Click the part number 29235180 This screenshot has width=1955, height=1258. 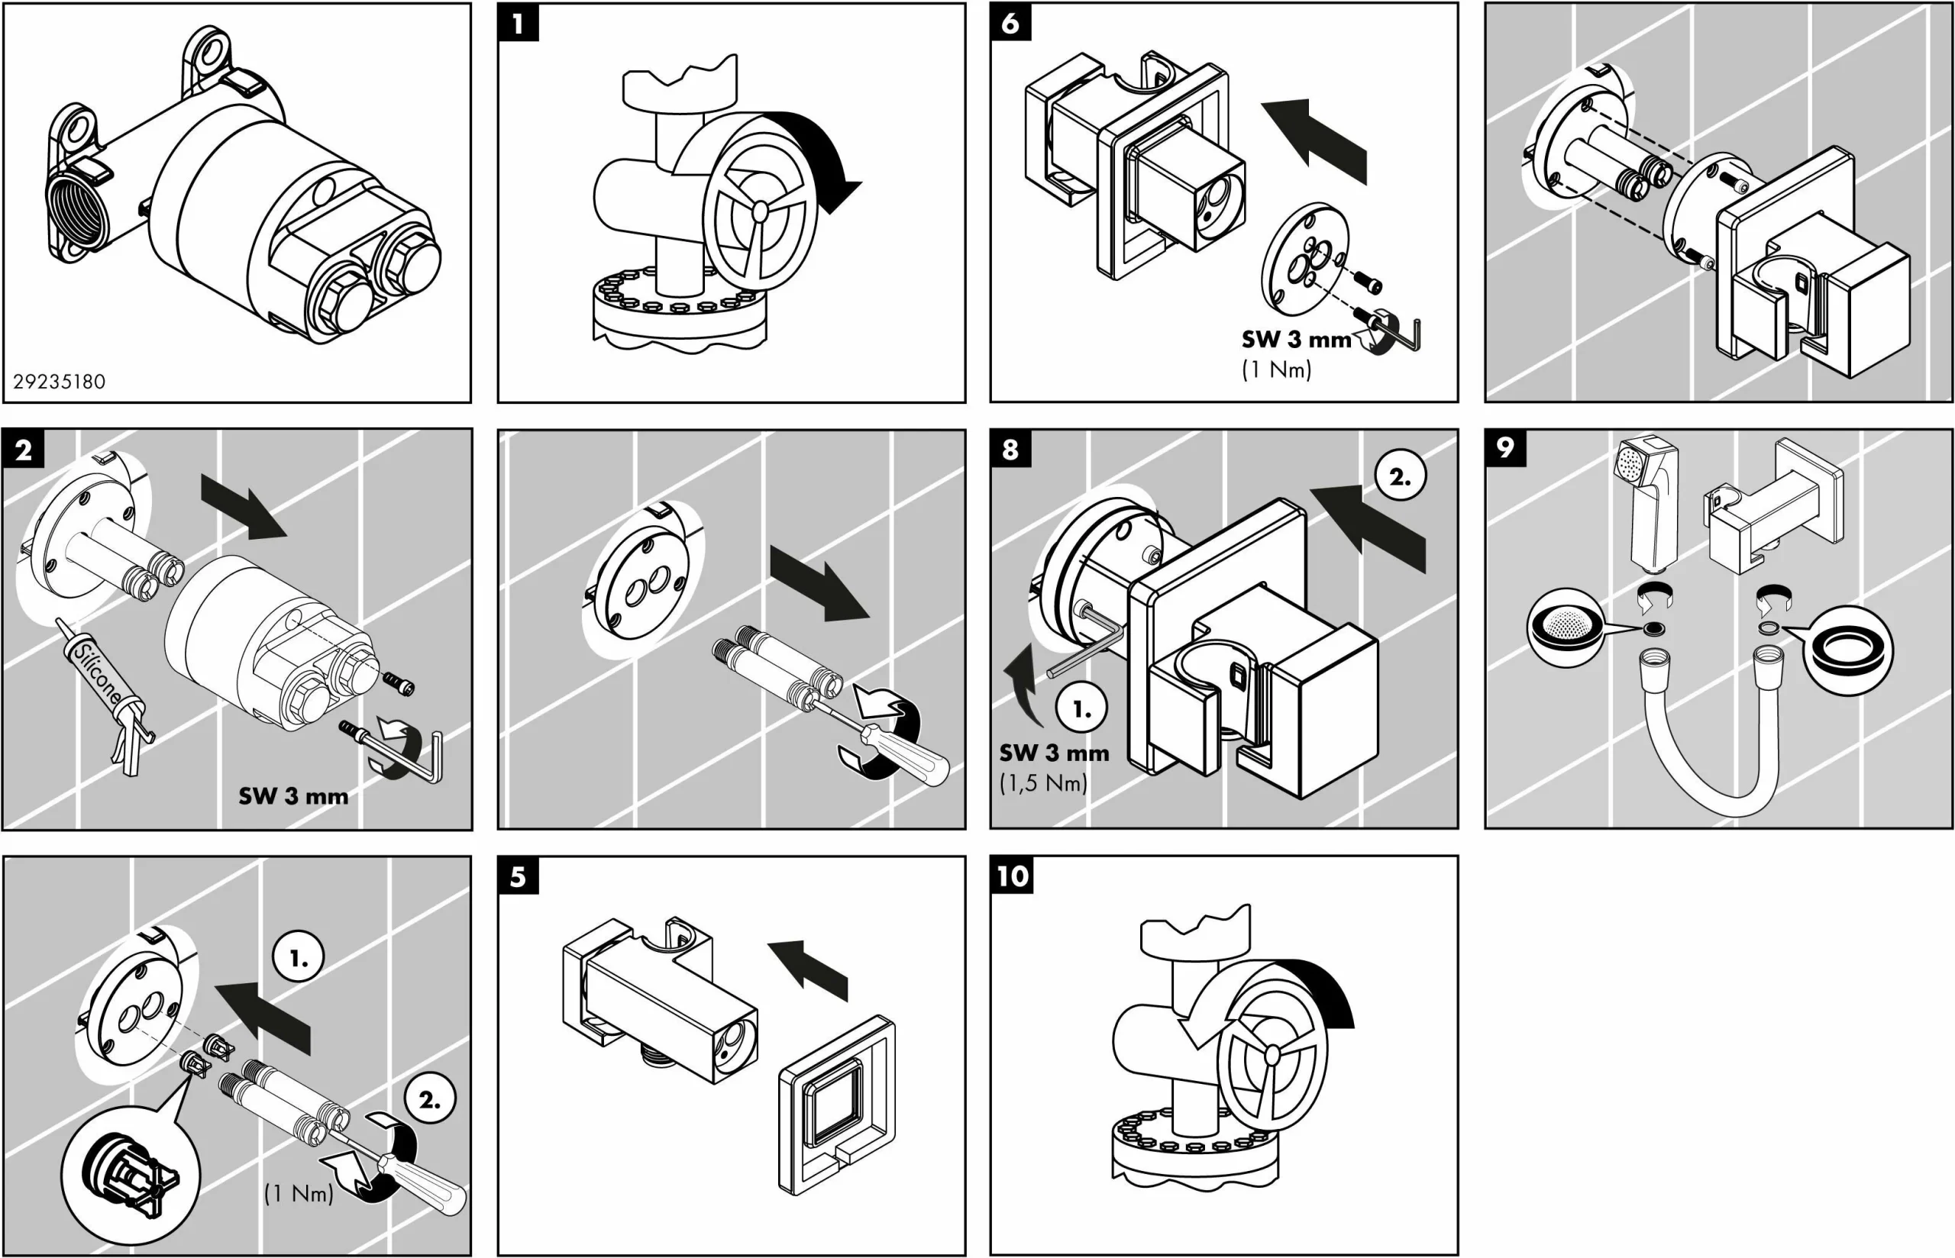point(59,382)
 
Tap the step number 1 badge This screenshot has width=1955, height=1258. point(518,23)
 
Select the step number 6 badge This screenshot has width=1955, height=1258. point(1010,22)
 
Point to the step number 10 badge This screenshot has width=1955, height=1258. point(1012,876)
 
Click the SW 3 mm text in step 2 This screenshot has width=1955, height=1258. point(293,796)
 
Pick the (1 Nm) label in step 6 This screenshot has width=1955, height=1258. point(1276,370)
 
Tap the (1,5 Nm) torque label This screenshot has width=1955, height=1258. point(1043,783)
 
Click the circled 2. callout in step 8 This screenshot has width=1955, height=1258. point(1401,476)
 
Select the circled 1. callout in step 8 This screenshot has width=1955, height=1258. point(1081,709)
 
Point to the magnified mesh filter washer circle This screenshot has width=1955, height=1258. point(1566,627)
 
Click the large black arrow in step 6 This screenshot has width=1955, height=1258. point(1316,140)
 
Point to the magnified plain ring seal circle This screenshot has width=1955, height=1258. point(1847,651)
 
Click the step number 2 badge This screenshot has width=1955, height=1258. point(24,450)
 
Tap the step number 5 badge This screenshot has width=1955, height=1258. point(518,876)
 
